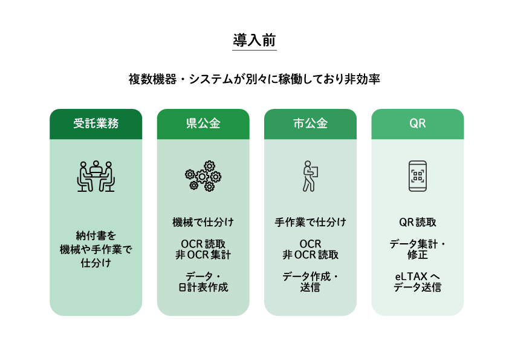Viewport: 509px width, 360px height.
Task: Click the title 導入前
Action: pyautogui.click(x=254, y=41)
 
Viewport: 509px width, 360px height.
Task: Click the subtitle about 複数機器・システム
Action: pyautogui.click(x=254, y=79)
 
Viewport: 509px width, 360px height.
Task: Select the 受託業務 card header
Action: pyautogui.click(x=96, y=124)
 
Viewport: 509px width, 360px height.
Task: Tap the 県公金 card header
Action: pyautogui.click(x=203, y=124)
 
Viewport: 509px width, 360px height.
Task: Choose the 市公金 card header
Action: pyautogui.click(x=310, y=124)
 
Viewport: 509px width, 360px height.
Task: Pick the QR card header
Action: pyautogui.click(x=418, y=124)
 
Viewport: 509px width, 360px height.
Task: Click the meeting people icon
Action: pyautogui.click(x=96, y=176)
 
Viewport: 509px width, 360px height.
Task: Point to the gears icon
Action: pyautogui.click(x=203, y=176)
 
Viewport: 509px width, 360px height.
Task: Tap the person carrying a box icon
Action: pyautogui.click(x=310, y=176)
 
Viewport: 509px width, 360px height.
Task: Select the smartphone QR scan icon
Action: pyautogui.click(x=418, y=176)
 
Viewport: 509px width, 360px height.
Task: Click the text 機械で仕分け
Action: pyautogui.click(x=203, y=222)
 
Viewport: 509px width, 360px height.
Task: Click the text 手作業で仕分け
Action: pyautogui.click(x=310, y=222)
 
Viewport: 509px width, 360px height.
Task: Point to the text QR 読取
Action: pyautogui.click(x=418, y=222)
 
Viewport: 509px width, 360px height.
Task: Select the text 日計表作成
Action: pyautogui.click(x=203, y=287)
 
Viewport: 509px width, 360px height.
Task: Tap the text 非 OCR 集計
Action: pyautogui.click(x=203, y=255)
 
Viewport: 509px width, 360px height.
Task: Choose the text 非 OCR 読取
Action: pyautogui.click(x=310, y=255)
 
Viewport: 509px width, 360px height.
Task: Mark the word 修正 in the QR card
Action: pyautogui.click(x=418, y=255)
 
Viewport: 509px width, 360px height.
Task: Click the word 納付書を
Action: pyautogui.click(x=96, y=235)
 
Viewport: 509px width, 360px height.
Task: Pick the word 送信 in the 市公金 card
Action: pyautogui.click(x=310, y=287)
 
